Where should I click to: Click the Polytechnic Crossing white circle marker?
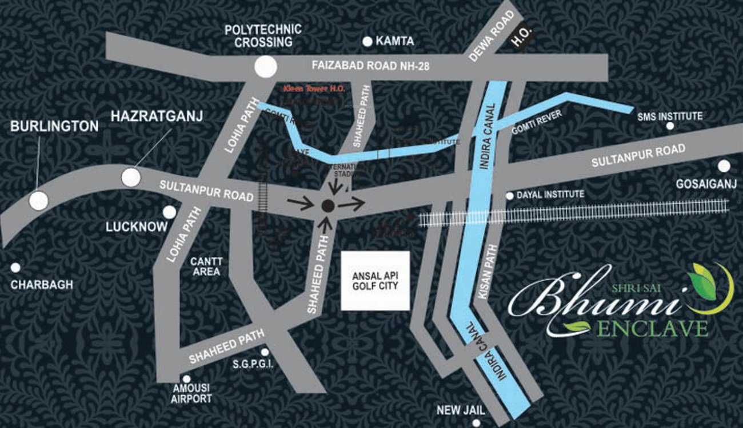tap(265, 67)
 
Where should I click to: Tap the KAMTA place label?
tap(394, 42)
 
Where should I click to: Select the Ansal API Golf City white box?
tap(375, 281)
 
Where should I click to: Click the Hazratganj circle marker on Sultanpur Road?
tap(131, 177)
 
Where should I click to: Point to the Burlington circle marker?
tap(38, 200)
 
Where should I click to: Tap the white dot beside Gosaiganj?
tap(724, 166)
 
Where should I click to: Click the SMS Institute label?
tap(670, 116)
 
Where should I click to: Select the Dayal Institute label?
tap(550, 195)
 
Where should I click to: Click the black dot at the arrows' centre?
tap(327, 206)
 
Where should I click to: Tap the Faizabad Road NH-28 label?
tap(370, 66)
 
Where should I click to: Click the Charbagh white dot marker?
tap(15, 267)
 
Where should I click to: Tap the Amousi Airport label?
tap(191, 393)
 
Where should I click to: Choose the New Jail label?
tap(461, 410)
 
